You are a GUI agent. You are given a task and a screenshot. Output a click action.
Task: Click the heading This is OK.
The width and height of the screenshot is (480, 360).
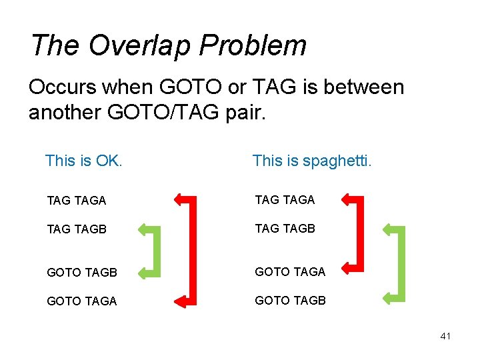(83, 161)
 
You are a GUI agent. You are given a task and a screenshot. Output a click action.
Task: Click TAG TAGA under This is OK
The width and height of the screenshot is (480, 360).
(77, 200)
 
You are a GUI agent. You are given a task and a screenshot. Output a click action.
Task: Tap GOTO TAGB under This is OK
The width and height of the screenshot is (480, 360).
(82, 272)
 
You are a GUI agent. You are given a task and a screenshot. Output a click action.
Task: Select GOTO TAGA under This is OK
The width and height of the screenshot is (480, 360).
(82, 301)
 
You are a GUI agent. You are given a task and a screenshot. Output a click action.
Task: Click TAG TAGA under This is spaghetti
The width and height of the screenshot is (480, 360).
(285, 199)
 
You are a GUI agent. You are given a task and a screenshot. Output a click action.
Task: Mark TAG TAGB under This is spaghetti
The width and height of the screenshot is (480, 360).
(285, 228)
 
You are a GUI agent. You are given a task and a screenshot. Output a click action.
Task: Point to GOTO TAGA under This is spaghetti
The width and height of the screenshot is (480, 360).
(290, 271)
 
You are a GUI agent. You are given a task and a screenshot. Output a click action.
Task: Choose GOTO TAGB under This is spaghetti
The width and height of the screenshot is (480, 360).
(290, 300)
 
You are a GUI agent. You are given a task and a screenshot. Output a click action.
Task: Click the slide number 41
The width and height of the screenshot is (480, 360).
(445, 336)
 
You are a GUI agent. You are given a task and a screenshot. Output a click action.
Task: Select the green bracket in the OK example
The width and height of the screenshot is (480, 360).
(157, 251)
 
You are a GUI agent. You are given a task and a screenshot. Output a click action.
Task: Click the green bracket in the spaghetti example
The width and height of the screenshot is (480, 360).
(401, 264)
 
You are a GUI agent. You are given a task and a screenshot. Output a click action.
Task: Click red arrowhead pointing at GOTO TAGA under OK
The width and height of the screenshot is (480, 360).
(181, 301)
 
